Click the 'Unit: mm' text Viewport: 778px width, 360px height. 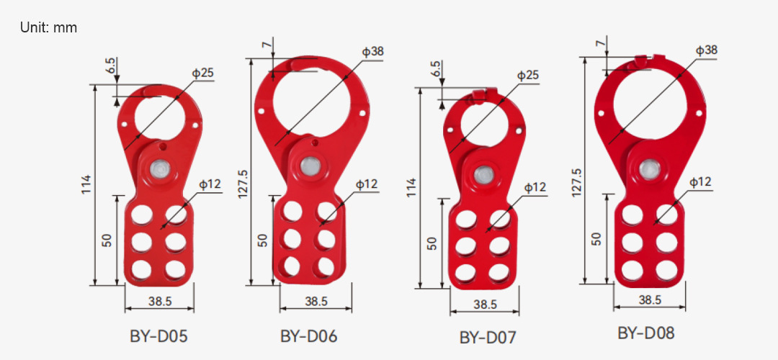click(49, 28)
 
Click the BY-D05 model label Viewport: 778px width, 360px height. click(158, 336)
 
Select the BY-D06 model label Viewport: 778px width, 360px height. click(308, 336)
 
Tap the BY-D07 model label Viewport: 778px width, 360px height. click(488, 338)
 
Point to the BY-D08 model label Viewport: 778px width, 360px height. click(646, 333)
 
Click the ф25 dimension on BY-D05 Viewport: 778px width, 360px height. click(203, 73)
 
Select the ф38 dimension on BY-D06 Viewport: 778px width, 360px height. click(372, 52)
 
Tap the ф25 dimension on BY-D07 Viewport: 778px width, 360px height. click(528, 76)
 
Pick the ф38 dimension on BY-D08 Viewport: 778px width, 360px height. click(706, 50)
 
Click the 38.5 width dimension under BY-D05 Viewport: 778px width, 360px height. click(159, 300)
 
